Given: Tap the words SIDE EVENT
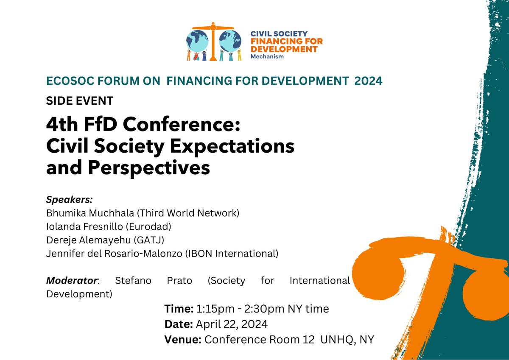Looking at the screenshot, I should (x=80, y=101).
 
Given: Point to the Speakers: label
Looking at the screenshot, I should (x=69, y=199).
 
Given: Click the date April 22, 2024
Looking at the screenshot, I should (x=232, y=324).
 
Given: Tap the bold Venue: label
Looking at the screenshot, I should (x=183, y=340).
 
